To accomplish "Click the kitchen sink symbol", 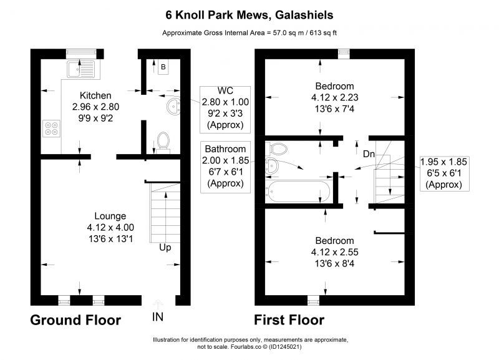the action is (x=81, y=69).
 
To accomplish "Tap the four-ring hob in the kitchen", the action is (x=51, y=129).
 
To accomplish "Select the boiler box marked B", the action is (x=163, y=67).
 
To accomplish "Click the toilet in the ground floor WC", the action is (x=163, y=143).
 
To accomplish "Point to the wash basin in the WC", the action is (x=173, y=106).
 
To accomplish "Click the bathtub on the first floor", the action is (x=299, y=192).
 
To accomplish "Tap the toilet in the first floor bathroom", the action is (x=276, y=148).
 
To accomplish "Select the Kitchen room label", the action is (x=95, y=95).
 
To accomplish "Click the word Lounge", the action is (x=110, y=216).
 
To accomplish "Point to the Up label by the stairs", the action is (x=165, y=248).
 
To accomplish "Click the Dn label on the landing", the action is (x=369, y=154).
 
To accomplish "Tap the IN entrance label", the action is (x=158, y=317).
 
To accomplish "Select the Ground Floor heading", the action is (x=75, y=320).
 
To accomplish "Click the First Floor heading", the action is (x=289, y=320).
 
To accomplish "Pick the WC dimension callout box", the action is (x=225, y=109).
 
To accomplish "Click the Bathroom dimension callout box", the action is (x=225, y=167).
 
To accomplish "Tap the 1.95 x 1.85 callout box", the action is (x=444, y=174).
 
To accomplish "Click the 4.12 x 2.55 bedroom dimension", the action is (x=335, y=252).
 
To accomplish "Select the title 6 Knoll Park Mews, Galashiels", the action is (x=249, y=15).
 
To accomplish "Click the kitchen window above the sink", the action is (x=81, y=54).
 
